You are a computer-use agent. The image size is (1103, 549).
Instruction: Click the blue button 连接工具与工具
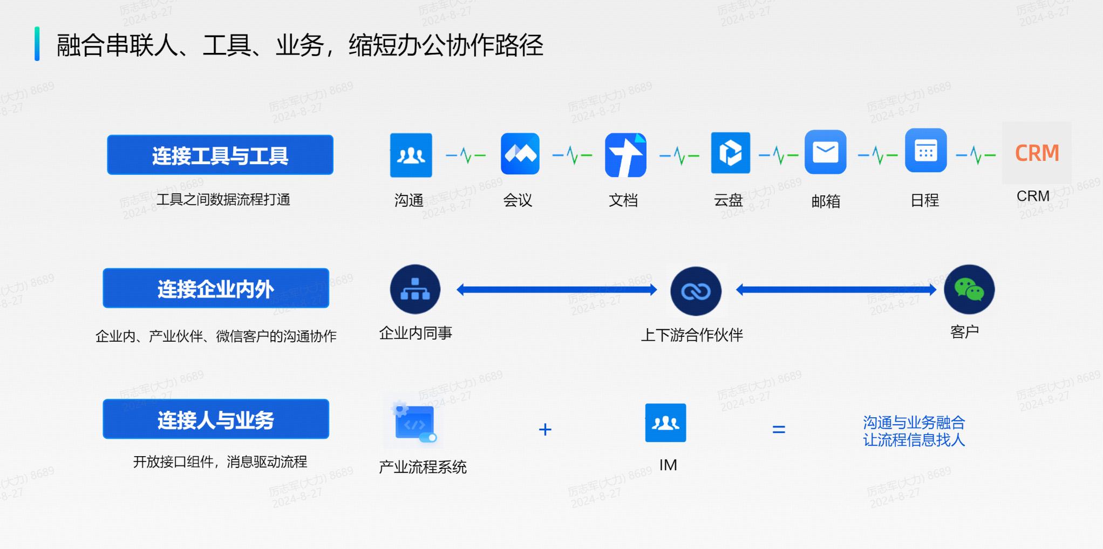pos(220,155)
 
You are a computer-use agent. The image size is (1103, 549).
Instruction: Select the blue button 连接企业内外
pos(216,288)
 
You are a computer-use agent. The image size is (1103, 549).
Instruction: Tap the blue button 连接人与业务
pos(216,419)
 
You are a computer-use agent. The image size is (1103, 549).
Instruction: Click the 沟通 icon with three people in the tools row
pos(411,155)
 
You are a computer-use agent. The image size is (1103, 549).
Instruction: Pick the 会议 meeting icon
pos(520,154)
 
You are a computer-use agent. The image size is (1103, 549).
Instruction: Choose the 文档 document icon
pos(626,155)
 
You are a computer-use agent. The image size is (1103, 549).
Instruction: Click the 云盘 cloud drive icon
pos(731,153)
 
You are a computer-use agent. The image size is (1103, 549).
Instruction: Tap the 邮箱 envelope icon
pos(826,152)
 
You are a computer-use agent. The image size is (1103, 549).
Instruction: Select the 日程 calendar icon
pos(926,151)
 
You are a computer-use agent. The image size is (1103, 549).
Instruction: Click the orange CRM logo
pos(1037,153)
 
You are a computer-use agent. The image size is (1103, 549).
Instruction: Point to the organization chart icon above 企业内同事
pos(415,289)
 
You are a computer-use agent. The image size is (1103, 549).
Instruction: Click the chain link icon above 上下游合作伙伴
pos(696,292)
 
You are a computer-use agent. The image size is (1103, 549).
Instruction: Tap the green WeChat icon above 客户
pos(969,289)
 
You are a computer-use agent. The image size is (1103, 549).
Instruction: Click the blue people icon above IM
pos(666,423)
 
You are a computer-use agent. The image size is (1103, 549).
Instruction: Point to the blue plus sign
pos(545,430)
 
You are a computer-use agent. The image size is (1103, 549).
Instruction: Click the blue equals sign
pos(779,430)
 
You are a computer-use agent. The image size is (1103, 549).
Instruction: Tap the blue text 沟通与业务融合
pos(914,422)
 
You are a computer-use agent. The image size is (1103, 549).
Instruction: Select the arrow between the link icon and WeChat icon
pos(836,290)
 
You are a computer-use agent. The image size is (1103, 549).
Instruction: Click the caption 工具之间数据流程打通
pos(223,200)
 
